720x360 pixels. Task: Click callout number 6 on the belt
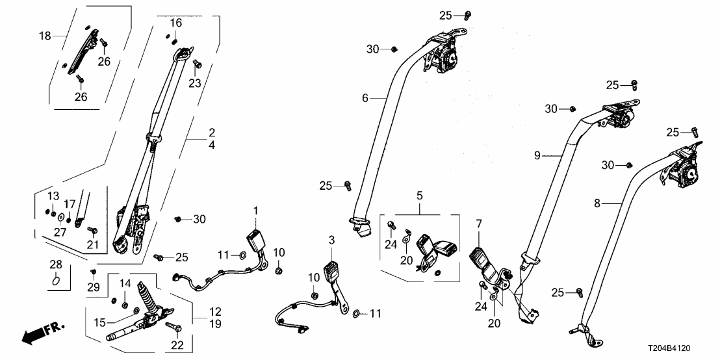click(365, 98)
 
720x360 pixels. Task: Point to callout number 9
click(537, 155)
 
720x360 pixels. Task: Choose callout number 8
click(598, 204)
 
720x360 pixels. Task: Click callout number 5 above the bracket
click(419, 194)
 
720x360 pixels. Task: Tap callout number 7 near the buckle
click(478, 224)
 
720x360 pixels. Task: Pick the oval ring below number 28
click(57, 281)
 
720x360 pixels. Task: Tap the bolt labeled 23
click(198, 64)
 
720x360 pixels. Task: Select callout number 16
click(176, 23)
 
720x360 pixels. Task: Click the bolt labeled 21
click(92, 230)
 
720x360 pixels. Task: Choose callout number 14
click(125, 283)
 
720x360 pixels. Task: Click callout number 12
click(215, 311)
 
